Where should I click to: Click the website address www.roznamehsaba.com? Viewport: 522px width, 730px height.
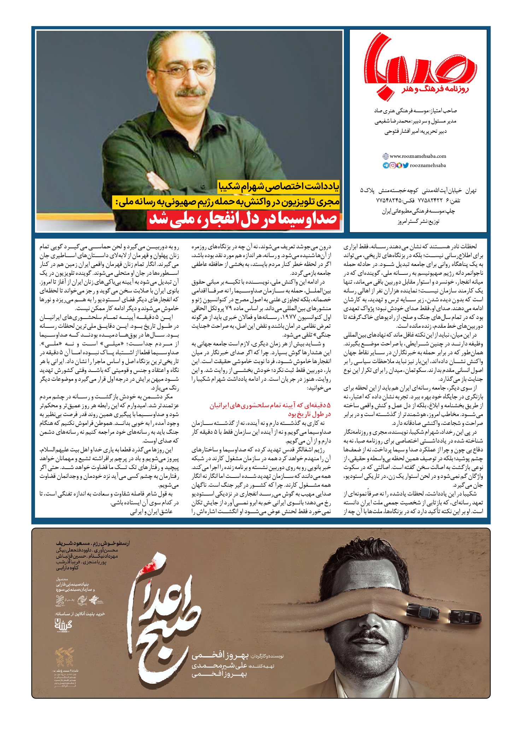tap(418, 156)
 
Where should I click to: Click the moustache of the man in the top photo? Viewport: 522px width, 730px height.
tap(191, 92)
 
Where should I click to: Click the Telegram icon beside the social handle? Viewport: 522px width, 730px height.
tap(386, 165)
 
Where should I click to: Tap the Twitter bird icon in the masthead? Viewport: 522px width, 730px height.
tap(405, 165)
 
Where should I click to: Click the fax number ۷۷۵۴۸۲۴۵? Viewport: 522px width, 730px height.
tap(389, 201)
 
